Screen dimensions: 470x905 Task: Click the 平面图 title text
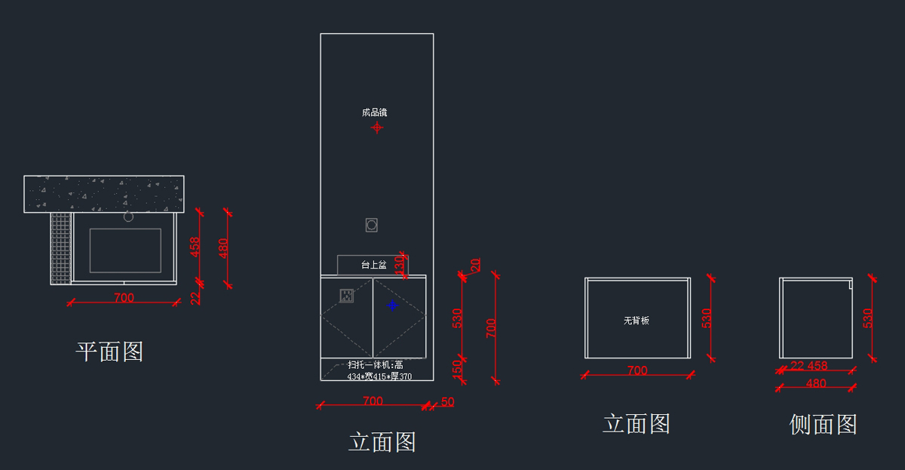pos(109,352)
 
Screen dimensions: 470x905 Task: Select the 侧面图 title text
pos(823,425)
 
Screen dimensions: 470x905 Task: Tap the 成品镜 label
pos(374,112)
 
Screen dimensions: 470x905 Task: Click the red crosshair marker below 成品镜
pos(377,127)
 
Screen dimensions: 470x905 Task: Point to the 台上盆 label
pos(373,265)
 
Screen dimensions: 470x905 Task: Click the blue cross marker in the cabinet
pos(392,305)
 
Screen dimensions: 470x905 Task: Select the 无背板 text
pos(637,321)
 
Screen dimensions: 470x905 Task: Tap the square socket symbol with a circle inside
pos(371,225)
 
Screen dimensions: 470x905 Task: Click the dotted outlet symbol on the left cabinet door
pos(346,296)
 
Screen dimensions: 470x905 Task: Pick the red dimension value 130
pos(400,265)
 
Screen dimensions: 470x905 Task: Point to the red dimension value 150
pos(457,369)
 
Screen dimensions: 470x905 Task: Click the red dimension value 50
pos(447,402)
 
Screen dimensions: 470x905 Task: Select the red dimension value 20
pos(476,266)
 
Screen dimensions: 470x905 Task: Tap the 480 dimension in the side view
pos(816,383)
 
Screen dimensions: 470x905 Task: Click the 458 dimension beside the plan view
pos(195,247)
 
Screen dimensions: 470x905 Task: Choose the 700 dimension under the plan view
pos(124,298)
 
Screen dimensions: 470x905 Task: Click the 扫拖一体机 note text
pos(375,365)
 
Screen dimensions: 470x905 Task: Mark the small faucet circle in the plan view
pos(128,217)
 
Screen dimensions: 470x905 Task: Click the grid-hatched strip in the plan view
pos(60,247)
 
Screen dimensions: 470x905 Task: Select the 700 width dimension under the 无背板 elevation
pos(637,370)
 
